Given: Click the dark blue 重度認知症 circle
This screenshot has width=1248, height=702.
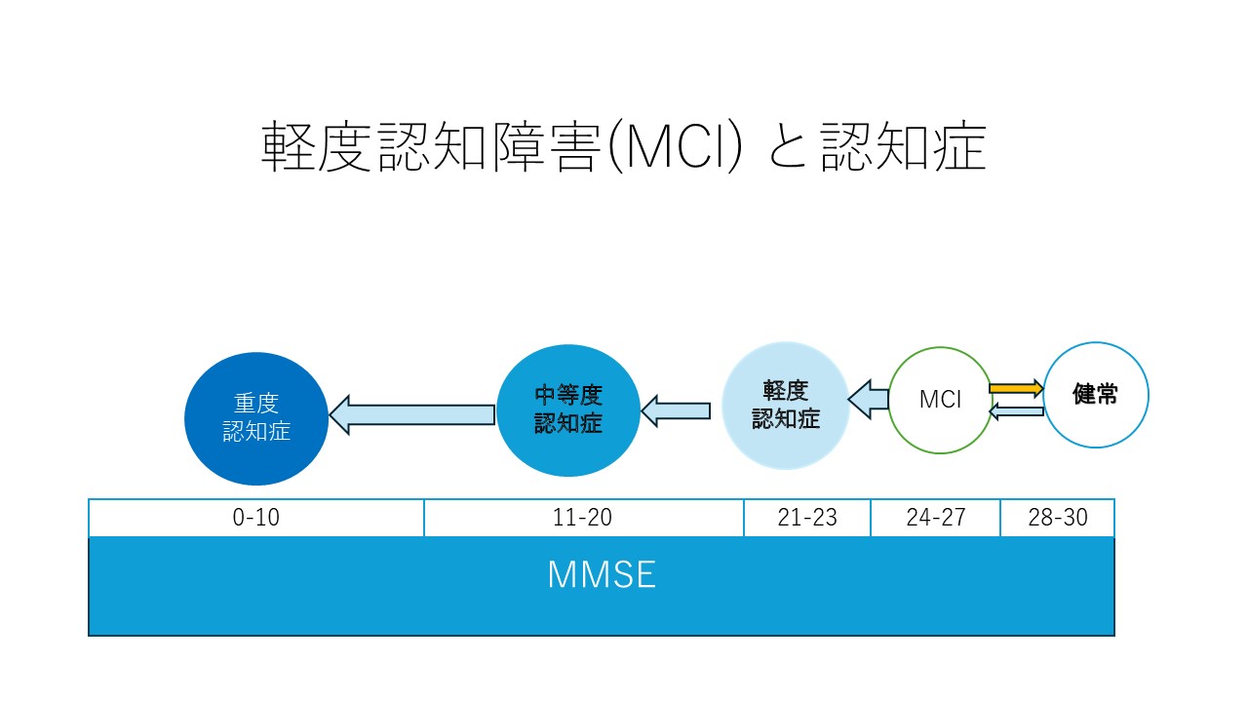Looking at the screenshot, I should tap(256, 418).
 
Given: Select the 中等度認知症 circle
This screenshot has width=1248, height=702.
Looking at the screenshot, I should tap(568, 409).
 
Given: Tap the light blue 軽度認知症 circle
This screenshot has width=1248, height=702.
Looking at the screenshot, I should tap(785, 405).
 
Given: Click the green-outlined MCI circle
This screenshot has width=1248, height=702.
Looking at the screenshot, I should tap(940, 400).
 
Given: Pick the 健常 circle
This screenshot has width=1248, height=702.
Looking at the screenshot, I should tap(1096, 394).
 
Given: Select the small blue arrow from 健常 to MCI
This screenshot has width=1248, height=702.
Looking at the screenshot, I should tap(1016, 411).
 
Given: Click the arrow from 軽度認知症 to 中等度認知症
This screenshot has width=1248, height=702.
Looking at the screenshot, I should tap(676, 410).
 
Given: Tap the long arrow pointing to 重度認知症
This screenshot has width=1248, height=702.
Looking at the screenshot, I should tap(411, 415).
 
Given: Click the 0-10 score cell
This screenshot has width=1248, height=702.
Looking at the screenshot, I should tap(256, 518).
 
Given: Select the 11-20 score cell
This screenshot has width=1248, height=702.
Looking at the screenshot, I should tap(583, 518).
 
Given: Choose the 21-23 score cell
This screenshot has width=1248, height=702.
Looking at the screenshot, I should tap(807, 518).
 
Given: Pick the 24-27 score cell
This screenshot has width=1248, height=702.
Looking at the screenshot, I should tap(935, 518).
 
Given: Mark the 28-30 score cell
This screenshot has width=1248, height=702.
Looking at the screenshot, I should tap(1057, 518).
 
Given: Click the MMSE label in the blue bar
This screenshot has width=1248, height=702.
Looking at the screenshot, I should tap(601, 575).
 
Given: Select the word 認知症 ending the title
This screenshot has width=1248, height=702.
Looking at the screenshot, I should tap(902, 148).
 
